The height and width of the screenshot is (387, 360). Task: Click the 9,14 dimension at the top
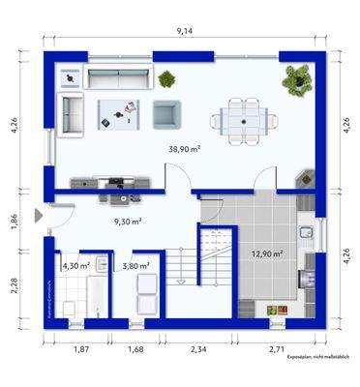pyautogui.click(x=183, y=32)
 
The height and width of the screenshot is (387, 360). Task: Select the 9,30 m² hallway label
pyautogui.click(x=128, y=221)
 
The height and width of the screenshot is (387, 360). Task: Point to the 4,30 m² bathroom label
pyautogui.click(x=75, y=265)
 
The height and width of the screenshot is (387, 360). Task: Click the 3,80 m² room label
pyautogui.click(x=135, y=265)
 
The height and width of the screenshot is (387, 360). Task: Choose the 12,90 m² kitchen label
pyautogui.click(x=266, y=253)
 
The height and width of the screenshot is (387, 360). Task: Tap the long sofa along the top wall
pyautogui.click(x=117, y=78)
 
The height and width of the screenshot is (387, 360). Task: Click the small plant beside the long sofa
pyautogui.click(x=168, y=78)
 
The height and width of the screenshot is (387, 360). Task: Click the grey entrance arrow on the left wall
pyautogui.click(x=38, y=216)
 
